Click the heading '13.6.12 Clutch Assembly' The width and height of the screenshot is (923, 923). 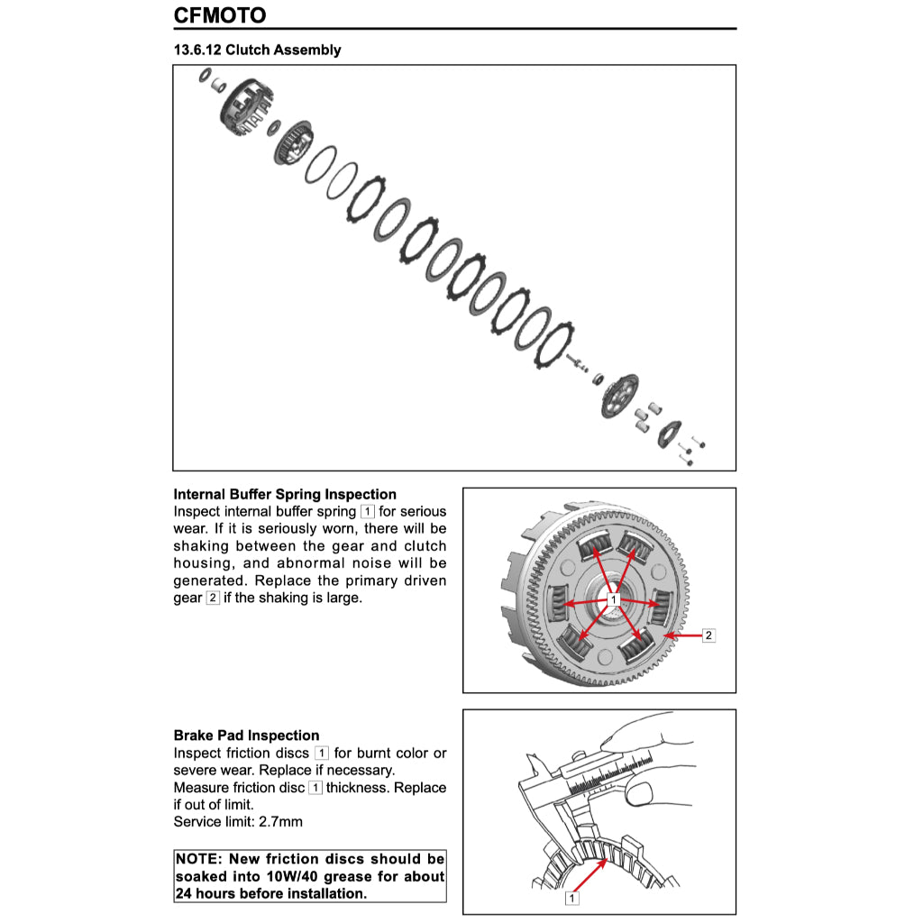tap(257, 50)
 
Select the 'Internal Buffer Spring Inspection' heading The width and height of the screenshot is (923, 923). tap(284, 494)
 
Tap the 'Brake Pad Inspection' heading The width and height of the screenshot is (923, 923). tap(246, 736)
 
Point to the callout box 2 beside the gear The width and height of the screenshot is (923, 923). tap(708, 635)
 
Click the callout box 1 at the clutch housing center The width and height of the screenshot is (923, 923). tap(613, 599)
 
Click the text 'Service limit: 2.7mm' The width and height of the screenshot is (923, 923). tap(238, 821)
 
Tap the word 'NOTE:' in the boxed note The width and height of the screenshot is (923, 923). tap(197, 859)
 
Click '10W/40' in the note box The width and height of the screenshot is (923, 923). tap(283, 876)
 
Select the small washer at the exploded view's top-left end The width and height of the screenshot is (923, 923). tap(205, 76)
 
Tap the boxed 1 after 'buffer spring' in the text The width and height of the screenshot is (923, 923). tap(367, 512)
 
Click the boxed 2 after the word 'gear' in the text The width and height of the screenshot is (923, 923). tap(212, 598)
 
